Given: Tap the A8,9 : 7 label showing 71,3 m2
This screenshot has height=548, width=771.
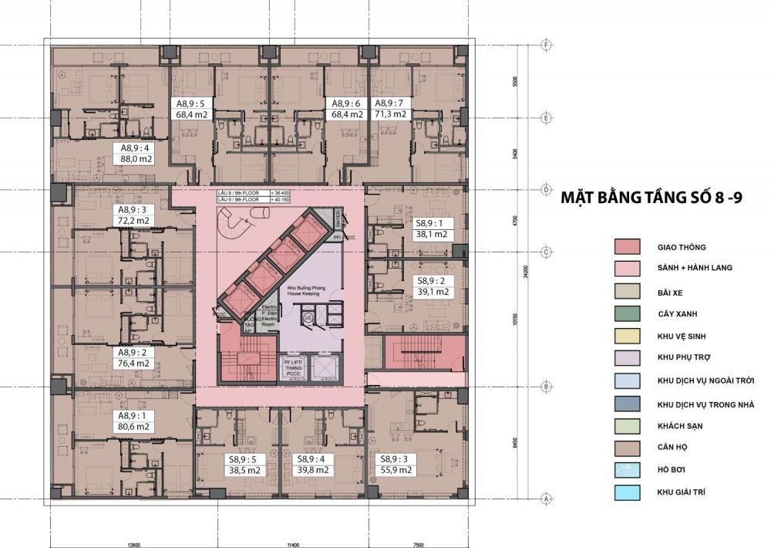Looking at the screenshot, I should click(390, 109).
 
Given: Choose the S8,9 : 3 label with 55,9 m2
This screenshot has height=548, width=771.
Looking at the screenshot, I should click(395, 464).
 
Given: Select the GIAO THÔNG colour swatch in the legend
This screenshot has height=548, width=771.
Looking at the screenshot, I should click(628, 248).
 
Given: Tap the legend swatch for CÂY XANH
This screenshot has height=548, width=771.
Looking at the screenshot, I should click(628, 314).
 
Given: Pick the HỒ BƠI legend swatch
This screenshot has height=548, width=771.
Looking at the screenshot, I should click(628, 469).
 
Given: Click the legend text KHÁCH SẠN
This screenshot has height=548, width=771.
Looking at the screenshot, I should click(681, 426).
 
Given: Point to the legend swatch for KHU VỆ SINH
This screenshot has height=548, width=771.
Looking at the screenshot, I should click(628, 337).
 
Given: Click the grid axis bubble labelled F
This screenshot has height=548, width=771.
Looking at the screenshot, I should click(546, 45).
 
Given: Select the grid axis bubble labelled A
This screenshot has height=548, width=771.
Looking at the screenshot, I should click(546, 499).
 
